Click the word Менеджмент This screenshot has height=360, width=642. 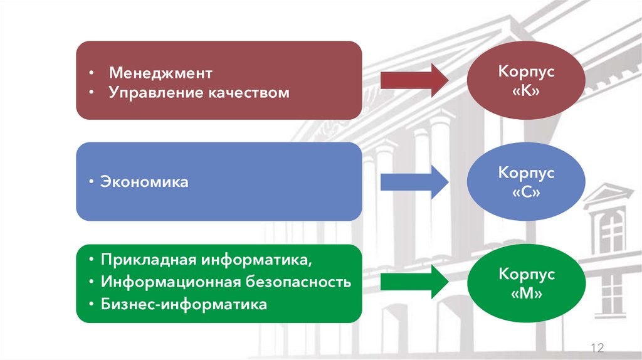[x=161, y=73]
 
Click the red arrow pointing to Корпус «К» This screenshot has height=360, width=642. [x=414, y=80]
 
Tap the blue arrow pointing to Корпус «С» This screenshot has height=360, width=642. [x=414, y=181]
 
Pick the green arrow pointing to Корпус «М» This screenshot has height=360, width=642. [x=414, y=282]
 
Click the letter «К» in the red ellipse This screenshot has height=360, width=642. [x=527, y=91]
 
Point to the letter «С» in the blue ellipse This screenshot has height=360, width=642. [x=527, y=192]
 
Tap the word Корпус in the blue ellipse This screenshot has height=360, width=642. [x=527, y=172]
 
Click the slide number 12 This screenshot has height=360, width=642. [x=596, y=348]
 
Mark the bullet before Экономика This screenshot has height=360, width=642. [x=92, y=182]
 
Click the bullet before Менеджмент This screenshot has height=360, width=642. [x=92, y=73]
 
